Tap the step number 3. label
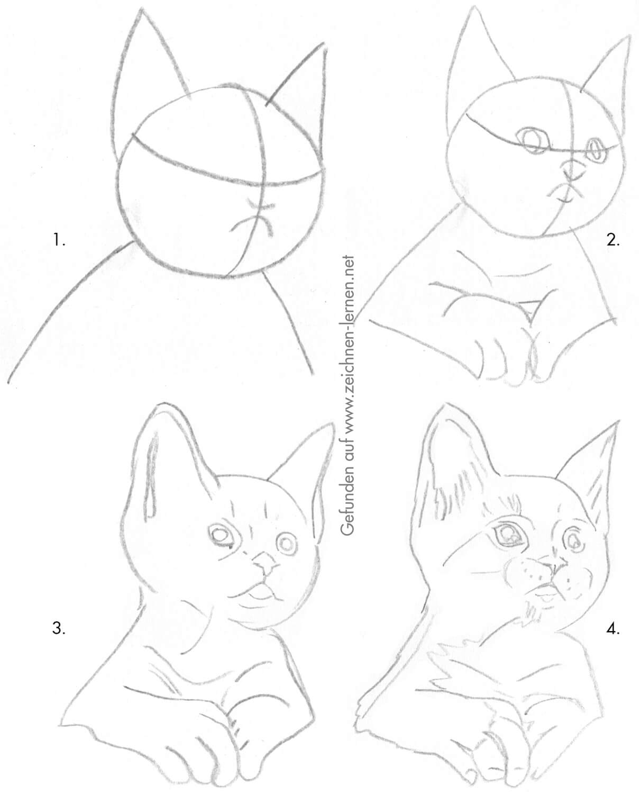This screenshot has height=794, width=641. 59,628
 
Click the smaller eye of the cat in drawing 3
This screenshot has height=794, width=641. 286,544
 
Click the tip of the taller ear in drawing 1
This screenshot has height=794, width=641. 141,9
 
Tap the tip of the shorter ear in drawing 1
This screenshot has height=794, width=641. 323,43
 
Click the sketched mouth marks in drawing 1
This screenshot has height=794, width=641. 254,219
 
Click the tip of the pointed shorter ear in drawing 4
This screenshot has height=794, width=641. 619,421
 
